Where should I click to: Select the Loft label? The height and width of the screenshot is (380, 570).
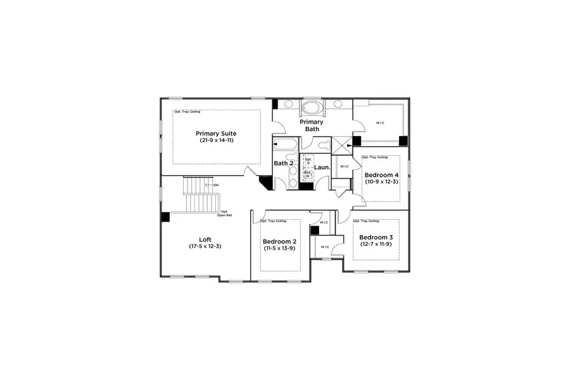pyautogui.click(x=205, y=239)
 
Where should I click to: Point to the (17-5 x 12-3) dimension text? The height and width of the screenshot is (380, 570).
pyautogui.click(x=205, y=246)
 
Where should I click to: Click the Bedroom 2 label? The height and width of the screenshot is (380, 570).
pyautogui.click(x=279, y=242)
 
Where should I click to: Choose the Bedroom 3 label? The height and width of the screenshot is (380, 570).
pyautogui.click(x=376, y=237)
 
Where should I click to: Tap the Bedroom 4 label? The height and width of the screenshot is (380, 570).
pyautogui.click(x=382, y=175)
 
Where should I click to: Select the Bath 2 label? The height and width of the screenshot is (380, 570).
pyautogui.click(x=284, y=163)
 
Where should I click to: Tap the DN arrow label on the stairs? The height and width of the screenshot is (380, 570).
pyautogui.click(x=215, y=185)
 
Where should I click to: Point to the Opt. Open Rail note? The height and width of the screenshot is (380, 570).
pyautogui.click(x=224, y=213)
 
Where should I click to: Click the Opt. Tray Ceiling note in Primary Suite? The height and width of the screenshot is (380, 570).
pyautogui.click(x=187, y=111)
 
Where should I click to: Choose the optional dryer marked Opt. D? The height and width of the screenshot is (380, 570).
pyautogui.click(x=308, y=161)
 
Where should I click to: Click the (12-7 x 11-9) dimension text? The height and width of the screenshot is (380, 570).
pyautogui.click(x=376, y=244)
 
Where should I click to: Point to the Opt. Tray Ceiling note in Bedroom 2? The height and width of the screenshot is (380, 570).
pyautogui.click(x=274, y=221)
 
